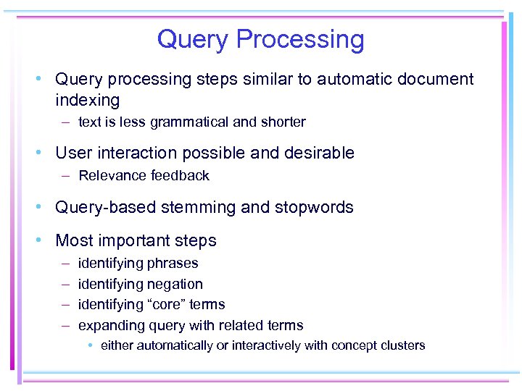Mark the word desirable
317,153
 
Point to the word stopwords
314,207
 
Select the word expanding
109,326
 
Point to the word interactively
265,345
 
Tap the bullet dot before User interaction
44,154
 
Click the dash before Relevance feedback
65,175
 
